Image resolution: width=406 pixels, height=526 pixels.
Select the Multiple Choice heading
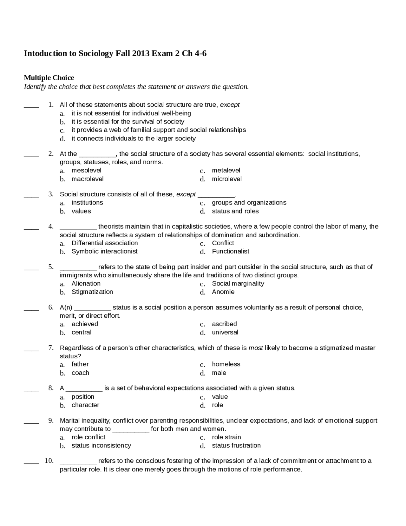click(49, 78)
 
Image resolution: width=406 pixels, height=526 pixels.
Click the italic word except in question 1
click(230, 105)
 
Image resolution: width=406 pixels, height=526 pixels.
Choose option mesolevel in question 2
click(86, 171)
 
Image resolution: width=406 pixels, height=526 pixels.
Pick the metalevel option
click(226, 171)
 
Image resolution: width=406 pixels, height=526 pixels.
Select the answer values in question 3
click(81, 211)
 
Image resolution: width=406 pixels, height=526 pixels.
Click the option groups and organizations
click(249, 203)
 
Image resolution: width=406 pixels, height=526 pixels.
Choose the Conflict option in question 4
click(223, 243)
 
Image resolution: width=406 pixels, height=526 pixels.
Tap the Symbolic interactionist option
click(104, 252)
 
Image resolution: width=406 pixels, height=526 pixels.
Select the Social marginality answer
click(238, 284)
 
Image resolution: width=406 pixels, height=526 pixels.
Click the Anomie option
click(223, 292)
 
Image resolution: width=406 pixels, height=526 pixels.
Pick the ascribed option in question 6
click(224, 324)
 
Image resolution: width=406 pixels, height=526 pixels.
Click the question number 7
click(51, 348)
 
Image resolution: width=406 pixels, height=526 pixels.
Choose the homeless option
click(226, 364)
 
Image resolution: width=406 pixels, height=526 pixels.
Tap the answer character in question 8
click(85, 405)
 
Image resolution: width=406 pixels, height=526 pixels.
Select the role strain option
click(226, 437)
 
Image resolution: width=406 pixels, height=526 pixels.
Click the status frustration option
click(236, 446)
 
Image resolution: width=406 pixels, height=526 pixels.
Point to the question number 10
click(49, 461)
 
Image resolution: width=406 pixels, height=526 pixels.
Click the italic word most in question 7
click(255, 348)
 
